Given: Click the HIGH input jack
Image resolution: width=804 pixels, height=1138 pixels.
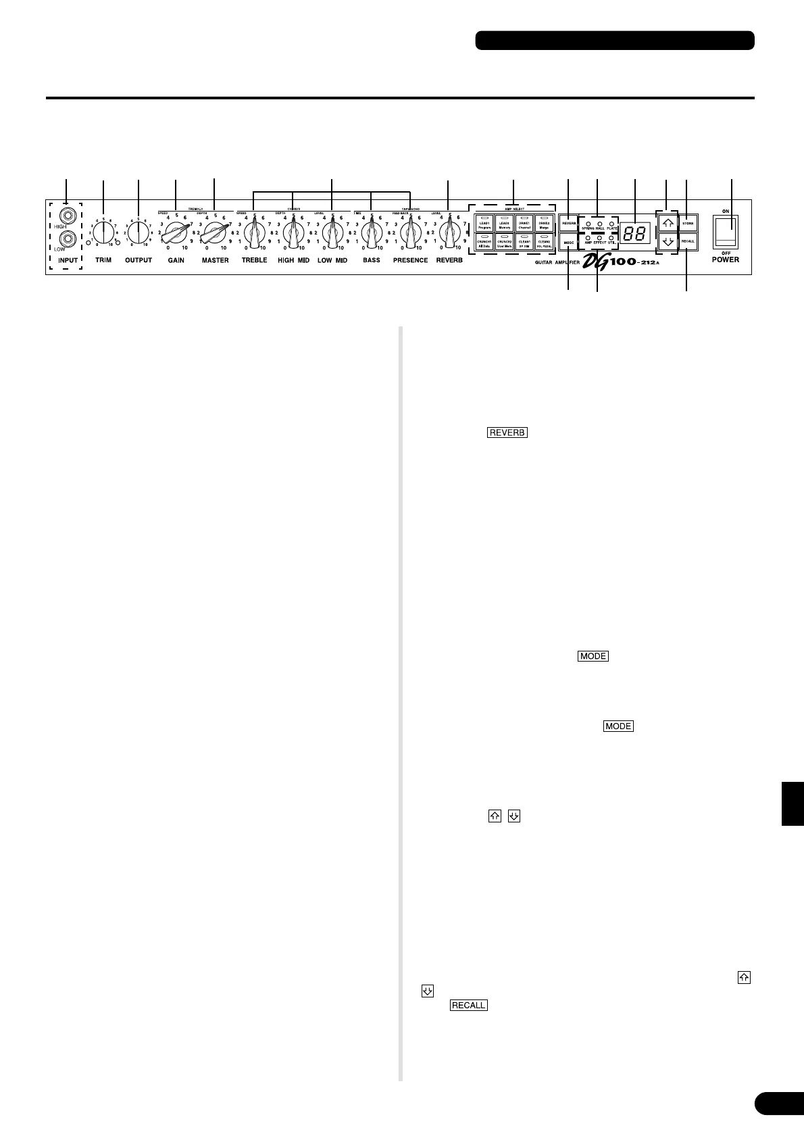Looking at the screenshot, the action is (x=66, y=217).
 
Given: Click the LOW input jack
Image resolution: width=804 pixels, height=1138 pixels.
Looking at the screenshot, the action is (x=66, y=238).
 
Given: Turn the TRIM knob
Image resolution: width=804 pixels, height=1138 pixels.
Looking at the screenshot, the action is (x=103, y=233).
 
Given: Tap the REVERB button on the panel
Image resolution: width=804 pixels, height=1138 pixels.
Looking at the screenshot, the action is (x=568, y=223).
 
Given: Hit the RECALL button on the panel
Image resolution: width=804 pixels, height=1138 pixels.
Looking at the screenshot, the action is (x=687, y=241).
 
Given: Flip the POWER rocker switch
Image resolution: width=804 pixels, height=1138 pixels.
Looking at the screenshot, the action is (x=726, y=233).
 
